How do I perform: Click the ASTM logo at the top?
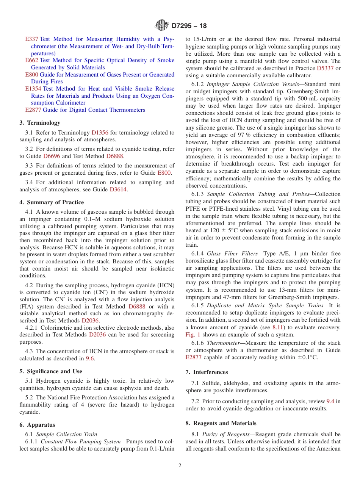click(x=162, y=26)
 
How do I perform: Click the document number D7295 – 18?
click(x=189, y=26)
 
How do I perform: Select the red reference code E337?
click(x=31, y=39)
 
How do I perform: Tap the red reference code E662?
click(x=31, y=60)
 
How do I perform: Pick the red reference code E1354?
click(x=33, y=89)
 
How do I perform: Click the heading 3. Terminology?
click(x=40, y=123)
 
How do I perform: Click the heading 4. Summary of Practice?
click(x=52, y=202)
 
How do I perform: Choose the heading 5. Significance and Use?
click(x=51, y=371)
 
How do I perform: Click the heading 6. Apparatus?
click(x=37, y=425)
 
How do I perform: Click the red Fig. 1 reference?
click(x=193, y=335)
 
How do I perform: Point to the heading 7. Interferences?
click(x=207, y=372)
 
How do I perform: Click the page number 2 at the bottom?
click(x=180, y=466)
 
